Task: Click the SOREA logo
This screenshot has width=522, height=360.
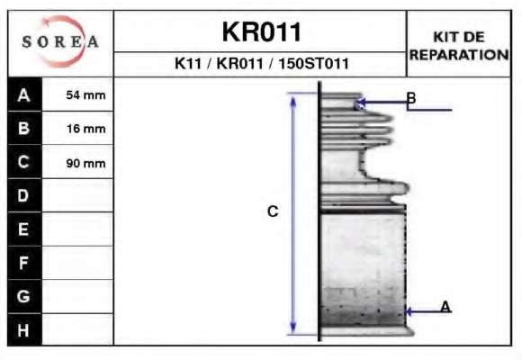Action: click(x=60, y=41)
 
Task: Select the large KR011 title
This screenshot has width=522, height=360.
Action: click(x=261, y=32)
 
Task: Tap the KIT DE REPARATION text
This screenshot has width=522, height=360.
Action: click(x=459, y=46)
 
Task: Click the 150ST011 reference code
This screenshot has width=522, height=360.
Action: click(x=313, y=64)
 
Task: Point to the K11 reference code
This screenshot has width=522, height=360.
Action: click(x=188, y=64)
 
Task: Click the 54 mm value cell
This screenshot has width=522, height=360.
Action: click(x=77, y=94)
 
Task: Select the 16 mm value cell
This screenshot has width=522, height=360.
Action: click(x=77, y=128)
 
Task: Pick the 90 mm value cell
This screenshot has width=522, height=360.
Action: click(x=77, y=162)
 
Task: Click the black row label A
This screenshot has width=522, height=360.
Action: click(x=24, y=94)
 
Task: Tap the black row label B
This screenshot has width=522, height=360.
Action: click(x=24, y=128)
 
